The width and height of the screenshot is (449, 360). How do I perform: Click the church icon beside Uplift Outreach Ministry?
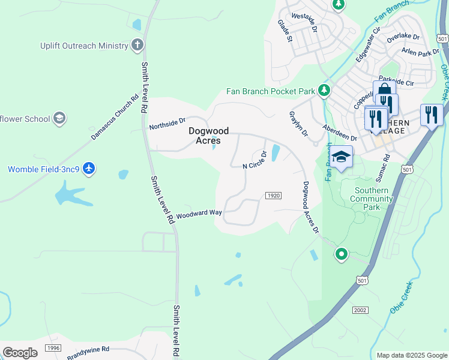point(137,45)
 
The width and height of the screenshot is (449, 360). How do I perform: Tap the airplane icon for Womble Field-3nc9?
point(89,169)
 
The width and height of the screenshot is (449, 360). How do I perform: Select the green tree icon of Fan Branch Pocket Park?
point(324,91)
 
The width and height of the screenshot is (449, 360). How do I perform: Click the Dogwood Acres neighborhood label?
point(204,136)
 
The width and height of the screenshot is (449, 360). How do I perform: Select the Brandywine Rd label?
point(88,349)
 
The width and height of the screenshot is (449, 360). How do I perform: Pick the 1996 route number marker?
point(53,348)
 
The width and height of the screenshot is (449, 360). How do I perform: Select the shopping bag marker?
point(384,91)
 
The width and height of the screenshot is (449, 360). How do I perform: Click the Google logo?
point(20,352)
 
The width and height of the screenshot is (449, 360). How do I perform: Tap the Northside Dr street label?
point(167,124)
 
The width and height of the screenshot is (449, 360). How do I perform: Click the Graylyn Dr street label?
point(298,123)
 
